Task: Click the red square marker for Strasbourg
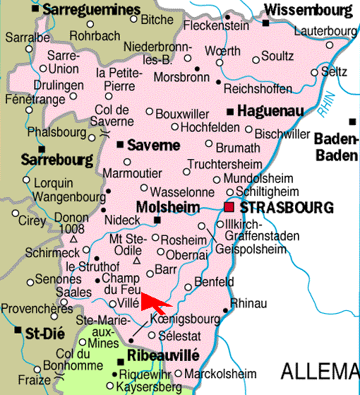[x=229, y=207]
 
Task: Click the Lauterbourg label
[x=325, y=32]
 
